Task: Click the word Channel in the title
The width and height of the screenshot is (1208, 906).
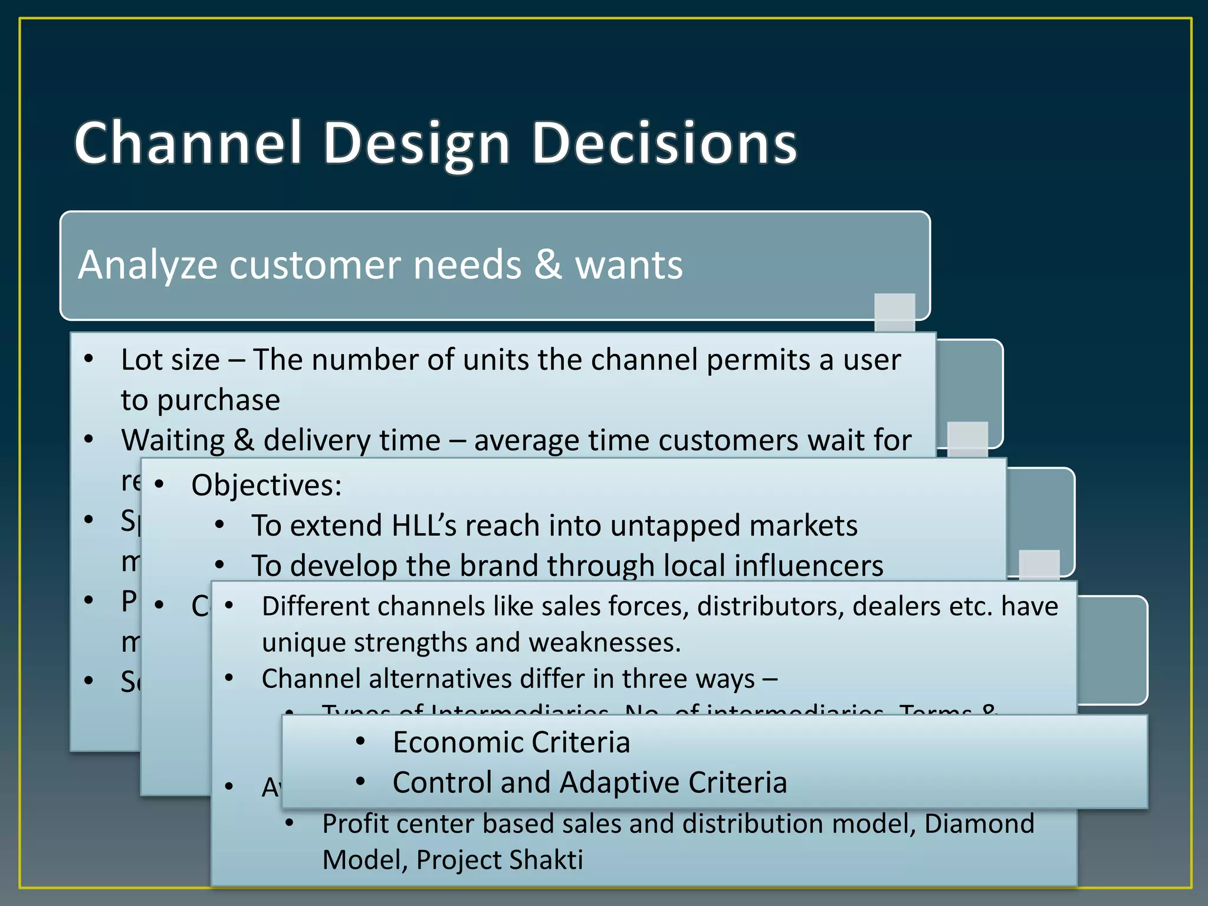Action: pos(188,143)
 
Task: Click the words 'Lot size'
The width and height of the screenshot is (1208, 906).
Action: pos(170,360)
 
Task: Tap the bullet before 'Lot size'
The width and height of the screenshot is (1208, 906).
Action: pos(89,359)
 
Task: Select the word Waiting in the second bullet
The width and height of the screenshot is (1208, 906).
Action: pos(173,440)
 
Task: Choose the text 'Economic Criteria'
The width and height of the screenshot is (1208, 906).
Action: pos(511,742)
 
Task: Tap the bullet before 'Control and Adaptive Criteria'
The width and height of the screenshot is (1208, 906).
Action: pos(361,782)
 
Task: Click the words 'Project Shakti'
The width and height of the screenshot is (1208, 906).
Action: pos(500,860)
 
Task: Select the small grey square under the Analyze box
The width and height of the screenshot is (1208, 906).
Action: pos(894,311)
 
